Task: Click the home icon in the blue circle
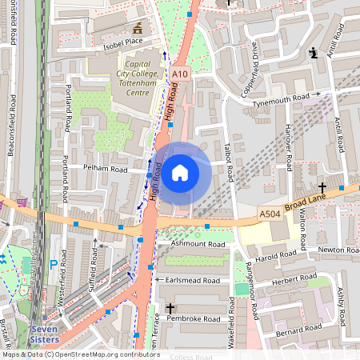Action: click(x=180, y=172)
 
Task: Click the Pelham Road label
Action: click(x=106, y=169)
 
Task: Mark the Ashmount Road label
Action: click(x=192, y=243)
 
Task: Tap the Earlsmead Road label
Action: click(x=193, y=281)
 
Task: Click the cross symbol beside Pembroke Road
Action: click(x=170, y=308)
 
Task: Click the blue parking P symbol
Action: click(x=54, y=263)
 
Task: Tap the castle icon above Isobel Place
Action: click(x=137, y=29)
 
